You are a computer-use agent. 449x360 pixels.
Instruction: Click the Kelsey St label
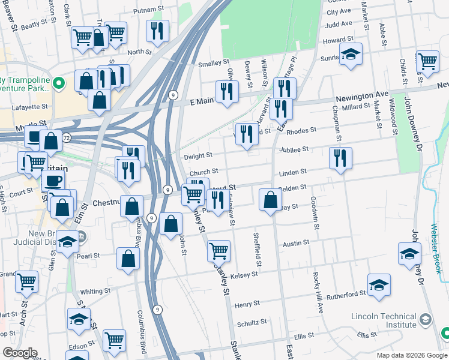(x=244, y=274)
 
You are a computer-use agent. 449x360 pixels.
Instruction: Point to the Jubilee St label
(x=294, y=149)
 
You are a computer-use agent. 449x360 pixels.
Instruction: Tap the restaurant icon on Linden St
(x=340, y=158)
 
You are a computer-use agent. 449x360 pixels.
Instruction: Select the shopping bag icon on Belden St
(x=271, y=199)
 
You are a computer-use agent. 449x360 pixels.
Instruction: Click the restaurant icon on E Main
(x=227, y=92)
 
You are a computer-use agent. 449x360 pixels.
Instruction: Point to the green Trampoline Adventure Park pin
(x=58, y=83)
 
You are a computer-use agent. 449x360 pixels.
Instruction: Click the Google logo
(x=20, y=353)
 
